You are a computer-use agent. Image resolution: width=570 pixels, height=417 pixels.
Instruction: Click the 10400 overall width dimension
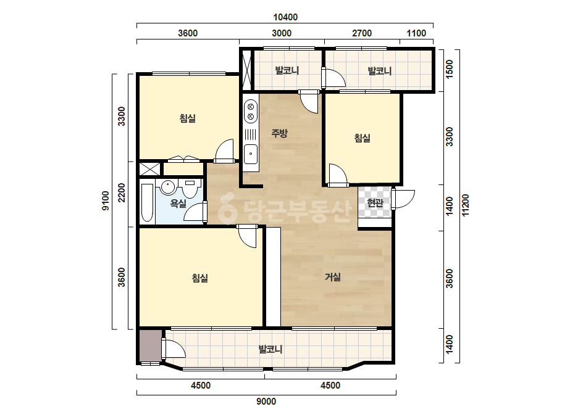[285, 17]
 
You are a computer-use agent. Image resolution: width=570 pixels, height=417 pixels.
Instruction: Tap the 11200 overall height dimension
[465, 205]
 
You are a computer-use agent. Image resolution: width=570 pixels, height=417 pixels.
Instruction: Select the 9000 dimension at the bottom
[266, 402]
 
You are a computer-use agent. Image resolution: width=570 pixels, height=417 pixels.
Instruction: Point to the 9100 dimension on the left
[105, 201]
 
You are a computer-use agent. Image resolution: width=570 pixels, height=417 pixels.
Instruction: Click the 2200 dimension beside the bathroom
[122, 193]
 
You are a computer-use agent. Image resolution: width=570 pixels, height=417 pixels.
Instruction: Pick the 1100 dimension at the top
[416, 33]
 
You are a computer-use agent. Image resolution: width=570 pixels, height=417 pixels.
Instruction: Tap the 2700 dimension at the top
[362, 33]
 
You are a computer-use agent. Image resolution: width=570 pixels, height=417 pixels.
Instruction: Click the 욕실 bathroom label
[178, 204]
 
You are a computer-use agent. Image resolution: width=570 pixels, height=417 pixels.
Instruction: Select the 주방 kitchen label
[280, 133]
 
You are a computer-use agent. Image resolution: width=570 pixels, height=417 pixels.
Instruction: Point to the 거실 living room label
[333, 277]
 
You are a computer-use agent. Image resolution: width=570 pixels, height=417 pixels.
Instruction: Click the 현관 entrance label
[375, 203]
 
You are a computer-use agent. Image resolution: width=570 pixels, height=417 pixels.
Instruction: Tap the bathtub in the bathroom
[147, 202]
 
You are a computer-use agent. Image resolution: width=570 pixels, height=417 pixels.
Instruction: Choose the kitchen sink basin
[251, 154]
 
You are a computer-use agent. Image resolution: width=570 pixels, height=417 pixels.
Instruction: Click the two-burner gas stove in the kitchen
[251, 111]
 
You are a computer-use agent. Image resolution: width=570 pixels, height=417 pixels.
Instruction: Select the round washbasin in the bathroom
[168, 187]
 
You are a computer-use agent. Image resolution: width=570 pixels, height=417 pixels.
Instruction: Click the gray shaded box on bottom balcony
[151, 346]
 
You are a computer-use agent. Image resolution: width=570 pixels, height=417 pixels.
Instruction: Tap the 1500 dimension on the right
[450, 69]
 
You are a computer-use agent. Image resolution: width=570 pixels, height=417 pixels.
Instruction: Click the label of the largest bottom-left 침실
[200, 278]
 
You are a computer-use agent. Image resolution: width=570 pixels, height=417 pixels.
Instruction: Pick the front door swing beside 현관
[403, 199]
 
